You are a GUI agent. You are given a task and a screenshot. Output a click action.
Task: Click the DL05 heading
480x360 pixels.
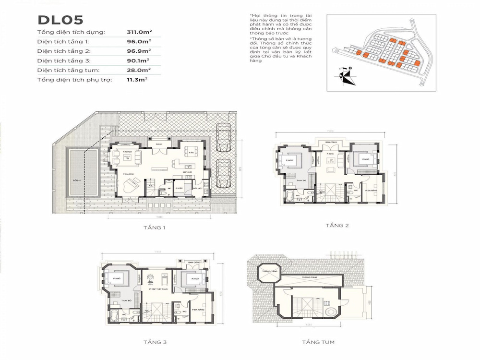pyautogui.click(x=61, y=20)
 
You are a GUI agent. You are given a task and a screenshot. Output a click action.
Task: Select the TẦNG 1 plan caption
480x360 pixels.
pyautogui.click(x=155, y=228)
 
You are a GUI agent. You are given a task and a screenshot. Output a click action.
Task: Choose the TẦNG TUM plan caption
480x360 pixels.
pyautogui.click(x=318, y=342)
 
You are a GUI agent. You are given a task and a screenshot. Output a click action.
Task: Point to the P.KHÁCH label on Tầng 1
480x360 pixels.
pyautogui.click(x=127, y=152)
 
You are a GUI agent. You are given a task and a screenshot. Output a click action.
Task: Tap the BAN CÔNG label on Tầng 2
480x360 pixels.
pyautogui.click(x=330, y=143)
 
